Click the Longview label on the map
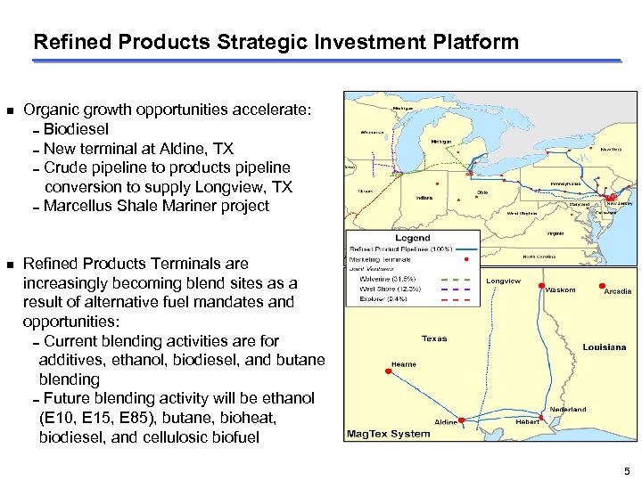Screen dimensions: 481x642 [503, 281]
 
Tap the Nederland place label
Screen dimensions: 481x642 [567, 409]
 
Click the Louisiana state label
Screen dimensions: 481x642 [604, 346]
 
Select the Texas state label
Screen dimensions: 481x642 [434, 338]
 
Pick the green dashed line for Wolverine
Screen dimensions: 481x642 [456, 279]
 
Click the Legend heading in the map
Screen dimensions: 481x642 [412, 238]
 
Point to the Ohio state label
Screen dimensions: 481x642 [481, 192]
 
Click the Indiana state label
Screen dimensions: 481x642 [425, 198]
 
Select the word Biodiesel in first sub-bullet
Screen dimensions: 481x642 [78, 129]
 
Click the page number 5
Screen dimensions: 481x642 [627, 470]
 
